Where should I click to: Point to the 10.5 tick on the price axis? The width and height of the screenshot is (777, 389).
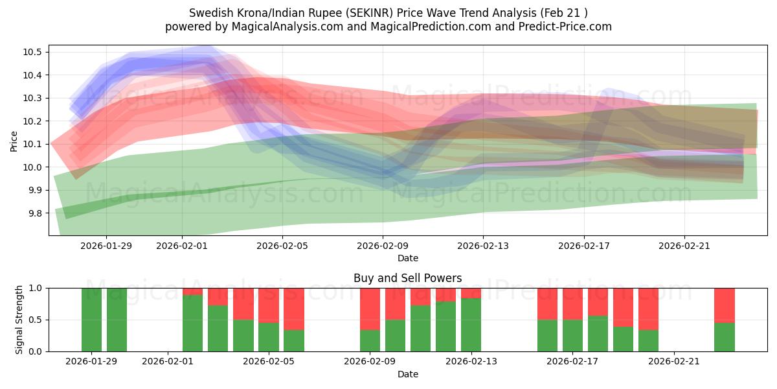[x=32, y=52]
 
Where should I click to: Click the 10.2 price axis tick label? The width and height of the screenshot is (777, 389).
[x=32, y=121]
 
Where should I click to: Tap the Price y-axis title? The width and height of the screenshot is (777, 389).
[x=14, y=141]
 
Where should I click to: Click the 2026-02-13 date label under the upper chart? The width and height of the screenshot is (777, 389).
[x=483, y=246]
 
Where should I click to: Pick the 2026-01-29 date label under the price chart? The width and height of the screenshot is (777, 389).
[x=106, y=246]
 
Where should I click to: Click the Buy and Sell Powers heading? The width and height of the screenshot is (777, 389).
[x=407, y=278]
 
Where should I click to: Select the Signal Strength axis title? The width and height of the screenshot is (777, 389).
[x=19, y=320]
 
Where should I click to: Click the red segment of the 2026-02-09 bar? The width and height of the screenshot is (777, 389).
[x=370, y=309]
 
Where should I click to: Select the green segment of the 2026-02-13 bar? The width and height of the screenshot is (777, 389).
[x=471, y=325]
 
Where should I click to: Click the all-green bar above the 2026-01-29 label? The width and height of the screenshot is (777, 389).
[x=92, y=320]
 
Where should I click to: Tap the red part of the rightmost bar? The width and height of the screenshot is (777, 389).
[x=724, y=305]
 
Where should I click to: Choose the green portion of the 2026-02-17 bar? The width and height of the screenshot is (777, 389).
[x=572, y=335]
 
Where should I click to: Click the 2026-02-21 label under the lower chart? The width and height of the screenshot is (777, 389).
[x=673, y=361]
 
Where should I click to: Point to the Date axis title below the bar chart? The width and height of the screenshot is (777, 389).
[x=407, y=374]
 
